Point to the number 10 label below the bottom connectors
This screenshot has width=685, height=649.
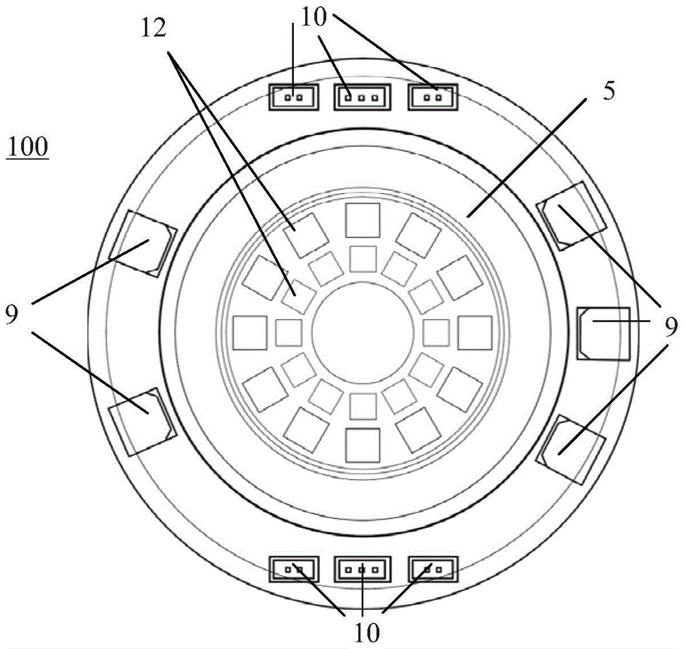click(367, 632)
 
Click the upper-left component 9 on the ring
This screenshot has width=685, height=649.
click(143, 242)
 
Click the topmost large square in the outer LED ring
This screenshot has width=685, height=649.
click(362, 220)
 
